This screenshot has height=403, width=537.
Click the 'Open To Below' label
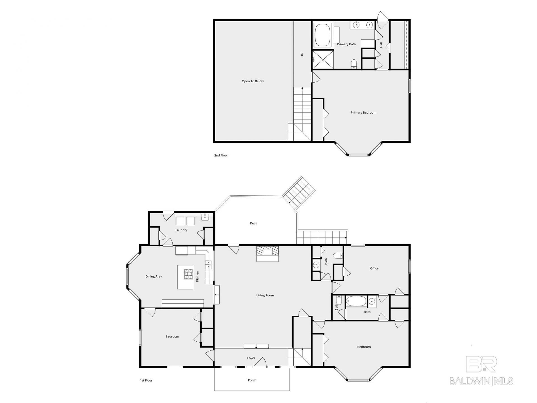coord(253,81)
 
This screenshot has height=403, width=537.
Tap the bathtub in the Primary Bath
coord(323,35)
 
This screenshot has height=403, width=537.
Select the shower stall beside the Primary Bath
coord(323,59)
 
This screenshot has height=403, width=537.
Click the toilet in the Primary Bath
coord(354,64)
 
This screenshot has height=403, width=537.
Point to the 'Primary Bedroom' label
coord(363,113)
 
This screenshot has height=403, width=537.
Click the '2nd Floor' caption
coord(221,155)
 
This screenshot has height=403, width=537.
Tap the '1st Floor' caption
coord(146,380)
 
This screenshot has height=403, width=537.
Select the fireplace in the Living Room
coord(268,254)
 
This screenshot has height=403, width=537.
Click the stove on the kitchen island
coord(189,274)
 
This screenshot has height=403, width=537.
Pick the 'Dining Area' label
coord(154,277)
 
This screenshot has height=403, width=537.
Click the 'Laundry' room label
coord(181,230)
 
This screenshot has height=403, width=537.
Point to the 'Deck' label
coord(253,223)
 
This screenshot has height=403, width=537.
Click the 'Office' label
coord(374,268)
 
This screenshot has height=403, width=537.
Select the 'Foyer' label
coord(251,358)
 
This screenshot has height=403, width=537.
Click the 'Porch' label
coord(252,380)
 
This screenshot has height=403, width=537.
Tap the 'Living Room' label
coord(265,295)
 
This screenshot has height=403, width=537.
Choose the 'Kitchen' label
coord(197,276)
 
